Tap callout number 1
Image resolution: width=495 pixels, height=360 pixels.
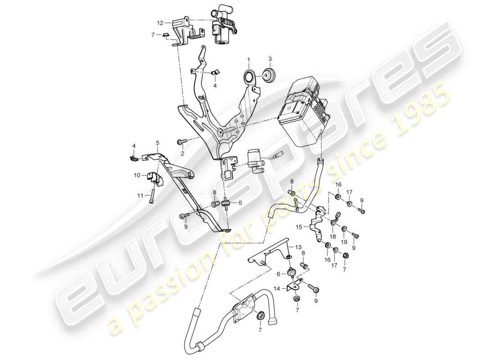[x=247, y=59]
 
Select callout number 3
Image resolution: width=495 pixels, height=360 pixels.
[x=270, y=58]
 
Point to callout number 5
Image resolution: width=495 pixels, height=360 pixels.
[x=157, y=143]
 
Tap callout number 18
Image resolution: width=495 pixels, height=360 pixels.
[x=333, y=237]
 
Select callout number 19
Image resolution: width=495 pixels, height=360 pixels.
[x=344, y=242]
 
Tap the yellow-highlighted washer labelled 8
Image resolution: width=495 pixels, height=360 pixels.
[x=292, y=193]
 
